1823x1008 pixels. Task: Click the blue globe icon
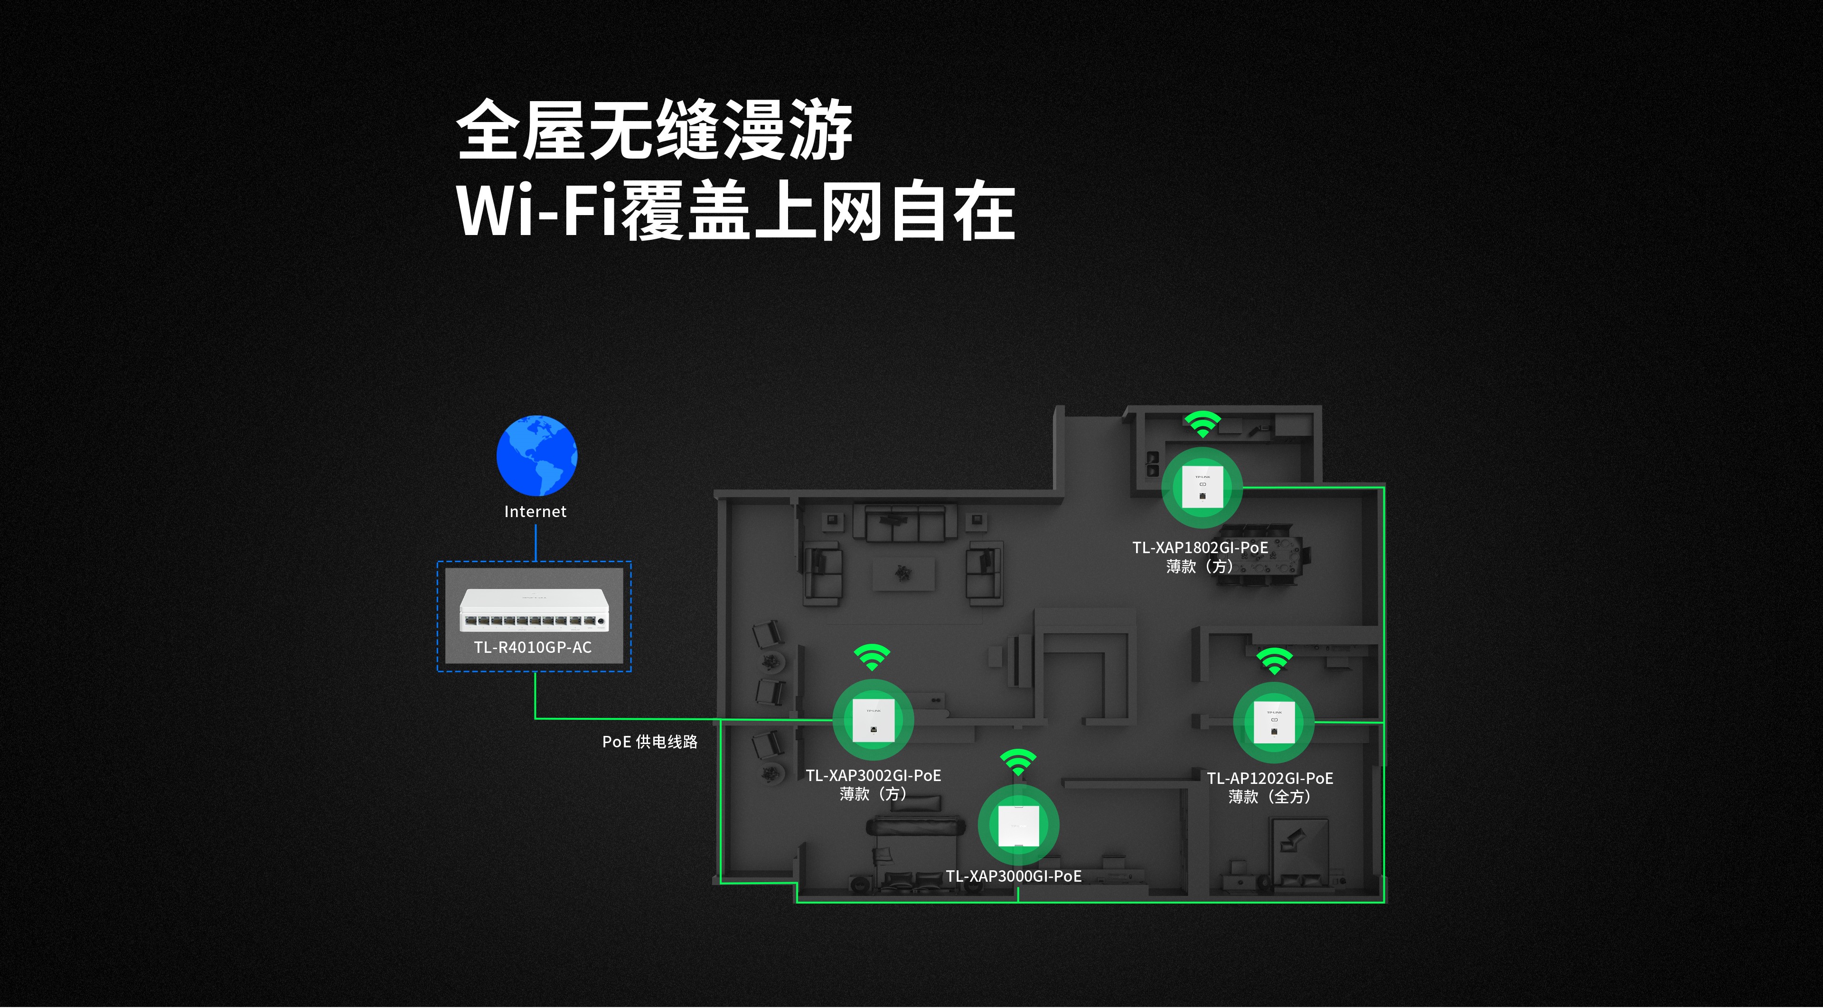536,455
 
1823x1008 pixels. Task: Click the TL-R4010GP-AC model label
533,647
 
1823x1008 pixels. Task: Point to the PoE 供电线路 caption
649,742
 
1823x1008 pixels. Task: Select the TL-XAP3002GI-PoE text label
874,776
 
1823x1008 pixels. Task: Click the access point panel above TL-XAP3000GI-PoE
1018,825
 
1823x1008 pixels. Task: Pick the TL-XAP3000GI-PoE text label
1014,876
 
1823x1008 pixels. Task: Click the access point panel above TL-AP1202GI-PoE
1274,722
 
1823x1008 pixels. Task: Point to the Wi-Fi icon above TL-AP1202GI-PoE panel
1274,660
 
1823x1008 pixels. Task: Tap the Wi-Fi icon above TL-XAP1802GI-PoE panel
1203,424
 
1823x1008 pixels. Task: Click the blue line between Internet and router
536,542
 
